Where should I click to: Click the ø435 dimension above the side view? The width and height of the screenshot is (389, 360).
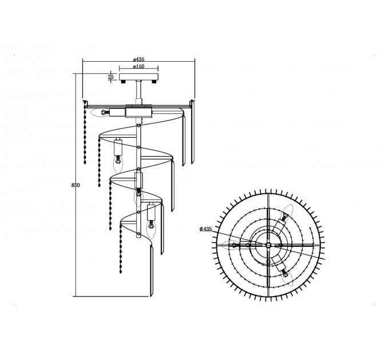138,59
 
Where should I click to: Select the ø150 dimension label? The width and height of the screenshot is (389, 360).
138,66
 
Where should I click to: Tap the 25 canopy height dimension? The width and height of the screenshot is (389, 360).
110,77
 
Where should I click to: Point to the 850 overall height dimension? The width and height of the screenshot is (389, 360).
76,185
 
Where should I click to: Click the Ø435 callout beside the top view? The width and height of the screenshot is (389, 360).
206,229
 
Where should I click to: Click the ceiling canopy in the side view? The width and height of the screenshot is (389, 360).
138,77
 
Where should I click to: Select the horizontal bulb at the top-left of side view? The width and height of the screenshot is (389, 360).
100,113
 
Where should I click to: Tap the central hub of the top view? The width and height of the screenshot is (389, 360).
268,245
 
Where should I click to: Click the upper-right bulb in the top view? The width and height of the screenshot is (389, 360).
287,213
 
